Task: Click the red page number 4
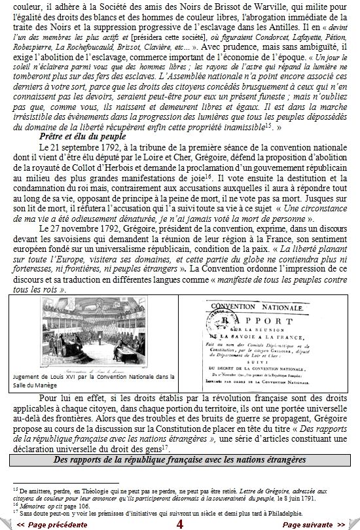179,523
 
